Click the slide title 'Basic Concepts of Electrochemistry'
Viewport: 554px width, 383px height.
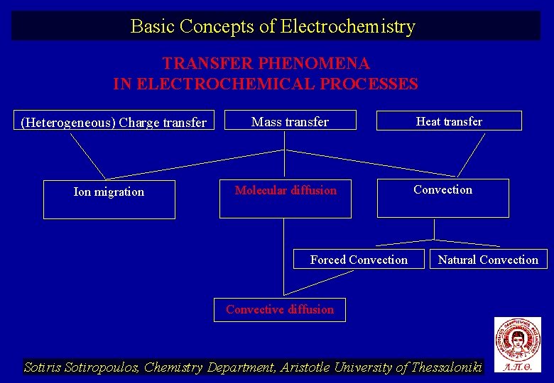pos(273,26)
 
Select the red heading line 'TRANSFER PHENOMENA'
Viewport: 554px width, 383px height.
pos(266,64)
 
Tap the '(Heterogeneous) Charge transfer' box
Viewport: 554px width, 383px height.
pos(114,122)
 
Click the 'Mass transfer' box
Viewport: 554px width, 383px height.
pos(290,121)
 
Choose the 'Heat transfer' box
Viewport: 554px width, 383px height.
pos(449,121)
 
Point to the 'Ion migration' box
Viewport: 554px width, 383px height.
pos(109,199)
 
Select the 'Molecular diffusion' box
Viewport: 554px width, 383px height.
pos(286,198)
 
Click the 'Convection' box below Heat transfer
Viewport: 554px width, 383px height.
pos(442,197)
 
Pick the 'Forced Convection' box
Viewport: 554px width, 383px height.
pos(359,259)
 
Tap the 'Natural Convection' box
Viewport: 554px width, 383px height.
pos(488,259)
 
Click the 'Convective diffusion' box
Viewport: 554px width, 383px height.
pos(280,309)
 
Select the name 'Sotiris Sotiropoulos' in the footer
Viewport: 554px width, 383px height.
pos(82,367)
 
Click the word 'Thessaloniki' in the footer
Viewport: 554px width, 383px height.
pos(442,367)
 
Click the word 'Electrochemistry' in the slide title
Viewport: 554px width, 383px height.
pos(348,26)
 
